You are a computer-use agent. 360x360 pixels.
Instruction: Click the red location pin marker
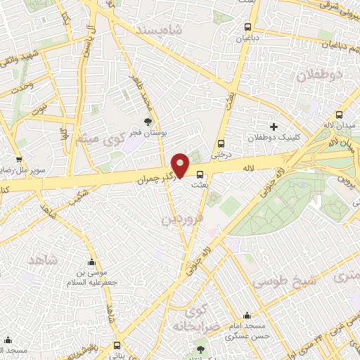tap(181, 165)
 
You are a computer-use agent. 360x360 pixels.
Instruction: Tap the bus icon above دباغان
tap(245, 25)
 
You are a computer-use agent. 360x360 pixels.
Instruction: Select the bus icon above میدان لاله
tap(340, 115)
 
